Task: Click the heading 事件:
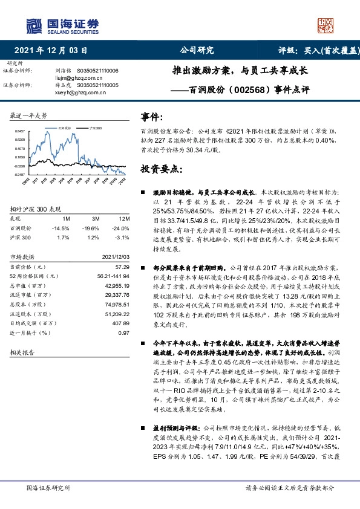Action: (x=151, y=117)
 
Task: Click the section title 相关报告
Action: (x=22, y=351)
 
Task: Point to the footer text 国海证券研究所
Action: (x=49, y=487)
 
